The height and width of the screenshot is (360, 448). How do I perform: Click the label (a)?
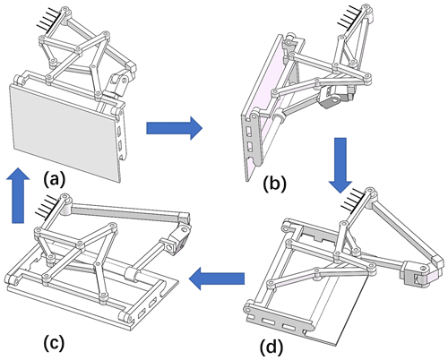coord(54,180)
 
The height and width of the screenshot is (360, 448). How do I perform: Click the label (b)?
coord(274,184)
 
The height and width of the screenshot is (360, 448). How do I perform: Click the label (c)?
coord(54,343)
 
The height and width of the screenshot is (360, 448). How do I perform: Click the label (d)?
coord(271,347)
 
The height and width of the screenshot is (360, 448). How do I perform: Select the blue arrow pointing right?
coord(174,128)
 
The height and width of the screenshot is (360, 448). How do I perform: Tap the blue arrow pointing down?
coord(340,166)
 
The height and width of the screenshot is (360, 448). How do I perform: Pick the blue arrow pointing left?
coord(217,279)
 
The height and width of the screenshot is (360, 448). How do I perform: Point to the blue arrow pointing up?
coord(18,195)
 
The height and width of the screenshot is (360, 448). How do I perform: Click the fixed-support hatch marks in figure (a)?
coord(49,20)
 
